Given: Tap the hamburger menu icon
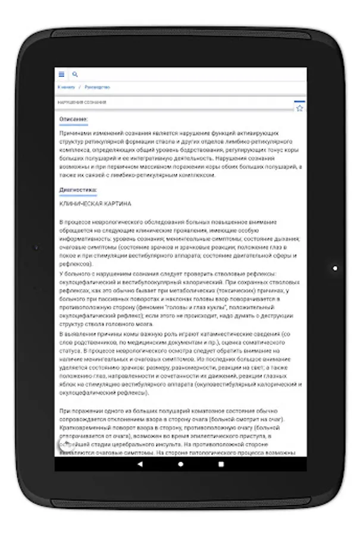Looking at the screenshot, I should coord(61,74).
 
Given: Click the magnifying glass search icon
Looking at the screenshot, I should coord(75,74).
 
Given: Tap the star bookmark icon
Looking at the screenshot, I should coord(299,108).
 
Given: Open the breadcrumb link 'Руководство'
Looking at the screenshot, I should coord(97,88).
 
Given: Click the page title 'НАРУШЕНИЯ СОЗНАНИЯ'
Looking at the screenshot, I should coord(82,102).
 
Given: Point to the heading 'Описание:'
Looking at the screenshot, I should coord(73,120).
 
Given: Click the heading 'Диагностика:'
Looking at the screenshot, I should coord(78,190).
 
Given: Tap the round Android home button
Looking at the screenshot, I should coord(180,463).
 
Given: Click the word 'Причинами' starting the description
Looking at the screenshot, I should coord(73,133).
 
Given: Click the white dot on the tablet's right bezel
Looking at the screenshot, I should coord(335,268).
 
